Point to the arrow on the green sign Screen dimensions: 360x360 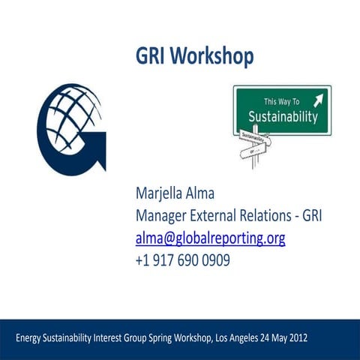(x=318, y=100)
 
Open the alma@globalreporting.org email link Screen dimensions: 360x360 (x=210, y=238)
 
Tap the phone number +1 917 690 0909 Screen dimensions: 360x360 (x=182, y=260)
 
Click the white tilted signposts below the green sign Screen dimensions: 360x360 (x=255, y=144)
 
